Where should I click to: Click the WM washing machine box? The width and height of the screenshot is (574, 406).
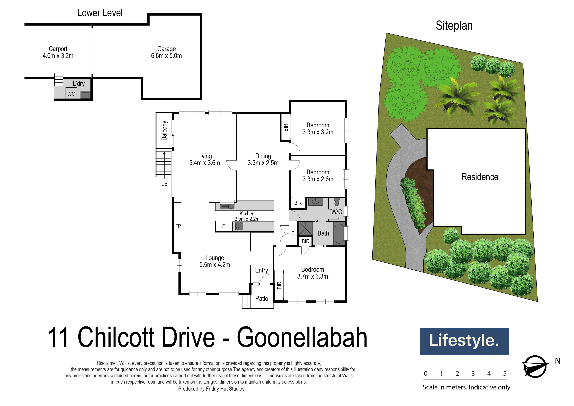(71, 93)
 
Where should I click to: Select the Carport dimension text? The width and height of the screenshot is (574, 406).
(58, 56)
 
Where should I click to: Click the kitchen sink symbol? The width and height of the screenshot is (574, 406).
(227, 206)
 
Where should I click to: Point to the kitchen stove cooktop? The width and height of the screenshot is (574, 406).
(239, 226)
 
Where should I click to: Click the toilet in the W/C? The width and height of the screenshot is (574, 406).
(337, 202)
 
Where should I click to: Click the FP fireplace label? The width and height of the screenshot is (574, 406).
(178, 226)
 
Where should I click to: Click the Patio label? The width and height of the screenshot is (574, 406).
(261, 298)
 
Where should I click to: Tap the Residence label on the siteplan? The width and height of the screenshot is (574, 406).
(479, 177)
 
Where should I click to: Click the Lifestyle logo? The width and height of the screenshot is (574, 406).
(464, 341)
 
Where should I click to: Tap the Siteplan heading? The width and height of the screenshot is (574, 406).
(454, 26)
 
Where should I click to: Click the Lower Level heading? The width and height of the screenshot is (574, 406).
(100, 13)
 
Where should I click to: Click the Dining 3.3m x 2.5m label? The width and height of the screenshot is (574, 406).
(263, 159)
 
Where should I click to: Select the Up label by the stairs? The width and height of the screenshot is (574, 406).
(164, 184)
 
